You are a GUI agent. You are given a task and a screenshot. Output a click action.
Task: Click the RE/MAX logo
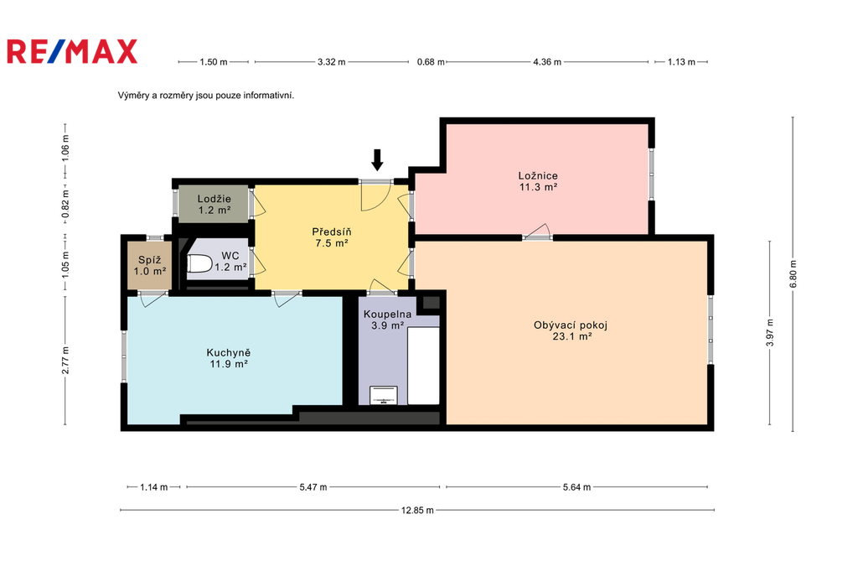(72, 51)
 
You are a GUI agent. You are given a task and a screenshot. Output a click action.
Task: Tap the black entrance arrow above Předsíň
(377, 159)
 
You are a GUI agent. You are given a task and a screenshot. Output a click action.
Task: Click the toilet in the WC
(199, 264)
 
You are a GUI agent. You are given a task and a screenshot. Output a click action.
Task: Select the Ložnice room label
(538, 176)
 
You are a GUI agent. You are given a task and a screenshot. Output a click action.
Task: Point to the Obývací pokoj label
(571, 325)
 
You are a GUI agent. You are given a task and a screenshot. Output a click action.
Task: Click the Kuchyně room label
(228, 352)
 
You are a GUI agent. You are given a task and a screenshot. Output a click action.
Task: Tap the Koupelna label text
(387, 315)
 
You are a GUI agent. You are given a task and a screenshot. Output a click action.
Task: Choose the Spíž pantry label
(149, 260)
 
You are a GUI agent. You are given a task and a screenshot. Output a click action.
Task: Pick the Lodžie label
(214, 199)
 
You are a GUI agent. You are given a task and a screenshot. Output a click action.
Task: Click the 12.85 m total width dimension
(417, 510)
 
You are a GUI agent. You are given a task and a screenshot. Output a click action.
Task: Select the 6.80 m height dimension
(793, 274)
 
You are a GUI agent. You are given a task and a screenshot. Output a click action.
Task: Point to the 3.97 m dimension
(770, 333)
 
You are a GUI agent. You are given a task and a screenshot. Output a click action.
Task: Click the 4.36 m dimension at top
(547, 62)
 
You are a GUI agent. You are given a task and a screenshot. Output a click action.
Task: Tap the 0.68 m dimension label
(431, 62)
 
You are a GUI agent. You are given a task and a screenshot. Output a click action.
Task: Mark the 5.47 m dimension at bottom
(313, 487)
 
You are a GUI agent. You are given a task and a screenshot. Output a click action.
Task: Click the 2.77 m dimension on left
(65, 361)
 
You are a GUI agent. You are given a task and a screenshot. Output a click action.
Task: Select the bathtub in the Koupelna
(423, 366)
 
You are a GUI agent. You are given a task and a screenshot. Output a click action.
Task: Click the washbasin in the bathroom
(384, 395)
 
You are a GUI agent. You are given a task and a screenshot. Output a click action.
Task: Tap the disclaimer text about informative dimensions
(206, 96)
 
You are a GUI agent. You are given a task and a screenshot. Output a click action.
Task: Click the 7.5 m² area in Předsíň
(332, 242)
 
